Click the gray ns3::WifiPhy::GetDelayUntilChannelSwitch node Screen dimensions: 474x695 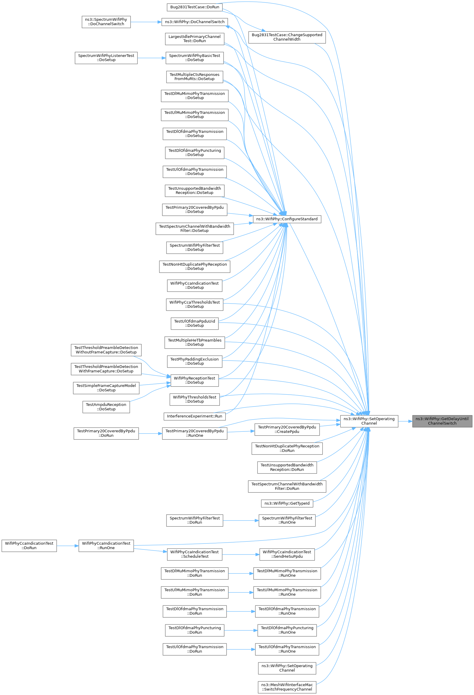(442, 421)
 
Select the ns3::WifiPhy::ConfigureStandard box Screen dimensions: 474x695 (287, 219)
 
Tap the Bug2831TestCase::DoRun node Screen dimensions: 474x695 (195, 7)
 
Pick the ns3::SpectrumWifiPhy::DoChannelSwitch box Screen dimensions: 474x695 (106, 22)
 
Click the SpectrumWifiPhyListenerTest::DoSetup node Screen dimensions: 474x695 (106, 58)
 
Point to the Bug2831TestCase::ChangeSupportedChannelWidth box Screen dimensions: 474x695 (287, 37)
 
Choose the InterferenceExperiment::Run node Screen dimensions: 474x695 (195, 416)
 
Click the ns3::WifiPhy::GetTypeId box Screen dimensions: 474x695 (287, 503)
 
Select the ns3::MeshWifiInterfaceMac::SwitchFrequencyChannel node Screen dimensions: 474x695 (287, 687)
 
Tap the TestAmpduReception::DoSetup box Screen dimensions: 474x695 (106, 407)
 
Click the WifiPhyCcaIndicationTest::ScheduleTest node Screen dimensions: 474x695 (195, 554)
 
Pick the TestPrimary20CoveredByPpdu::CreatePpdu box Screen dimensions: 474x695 (287, 429)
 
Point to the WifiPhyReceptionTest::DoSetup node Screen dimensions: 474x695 (195, 380)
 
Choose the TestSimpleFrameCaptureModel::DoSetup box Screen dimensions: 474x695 (106, 388)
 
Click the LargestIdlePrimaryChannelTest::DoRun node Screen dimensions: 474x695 (195, 39)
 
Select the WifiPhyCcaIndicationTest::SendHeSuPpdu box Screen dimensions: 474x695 (287, 554)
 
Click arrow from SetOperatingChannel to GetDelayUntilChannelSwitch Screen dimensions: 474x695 (405, 421)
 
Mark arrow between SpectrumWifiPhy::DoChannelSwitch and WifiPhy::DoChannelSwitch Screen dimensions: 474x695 (146, 22)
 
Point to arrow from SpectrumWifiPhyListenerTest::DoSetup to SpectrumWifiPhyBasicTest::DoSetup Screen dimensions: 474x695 (151, 58)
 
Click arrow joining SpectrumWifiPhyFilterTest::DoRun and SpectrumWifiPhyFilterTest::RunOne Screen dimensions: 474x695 (241, 520)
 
